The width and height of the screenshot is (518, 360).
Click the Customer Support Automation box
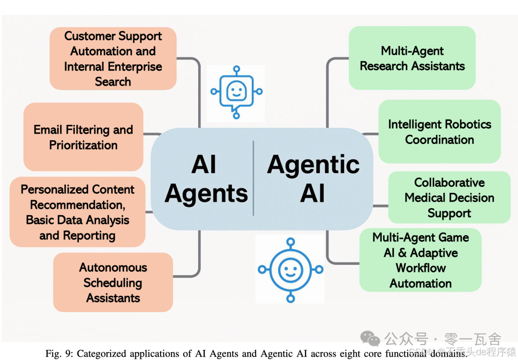(x=113, y=59)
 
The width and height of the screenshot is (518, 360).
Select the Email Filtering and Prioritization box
(x=83, y=137)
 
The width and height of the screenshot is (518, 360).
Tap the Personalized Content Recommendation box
(x=77, y=212)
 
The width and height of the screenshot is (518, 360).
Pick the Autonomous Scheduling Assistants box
(x=113, y=283)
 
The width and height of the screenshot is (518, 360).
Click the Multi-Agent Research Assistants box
(x=412, y=58)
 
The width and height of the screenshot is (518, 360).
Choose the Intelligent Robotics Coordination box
(x=439, y=132)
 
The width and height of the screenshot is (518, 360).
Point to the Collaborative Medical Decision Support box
(x=449, y=198)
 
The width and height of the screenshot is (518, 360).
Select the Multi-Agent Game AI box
(x=420, y=260)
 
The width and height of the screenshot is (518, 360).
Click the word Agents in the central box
(x=206, y=194)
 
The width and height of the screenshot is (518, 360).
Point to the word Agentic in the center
(x=313, y=165)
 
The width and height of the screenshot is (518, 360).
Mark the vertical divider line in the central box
(x=253, y=178)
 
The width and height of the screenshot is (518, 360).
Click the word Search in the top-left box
(x=113, y=82)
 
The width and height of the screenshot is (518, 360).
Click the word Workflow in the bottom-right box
(x=421, y=268)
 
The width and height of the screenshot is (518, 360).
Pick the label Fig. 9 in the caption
(x=58, y=354)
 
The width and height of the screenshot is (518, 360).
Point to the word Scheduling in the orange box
(x=113, y=283)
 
